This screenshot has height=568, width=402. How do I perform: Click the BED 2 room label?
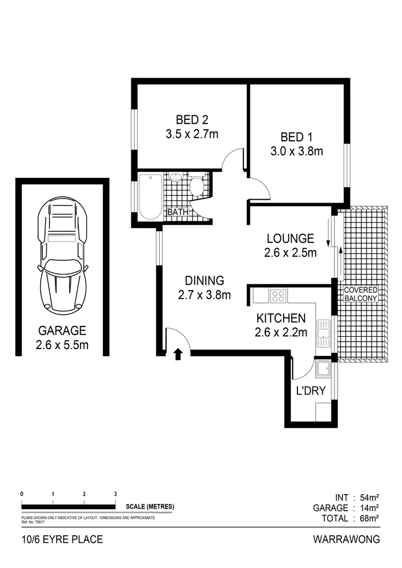click(x=191, y=119)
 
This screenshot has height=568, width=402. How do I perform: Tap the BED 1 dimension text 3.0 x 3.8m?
click(x=296, y=151)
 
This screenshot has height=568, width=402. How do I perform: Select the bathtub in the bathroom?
click(x=151, y=196)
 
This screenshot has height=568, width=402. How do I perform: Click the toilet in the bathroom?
click(x=196, y=186)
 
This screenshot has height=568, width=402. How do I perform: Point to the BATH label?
click(x=178, y=212)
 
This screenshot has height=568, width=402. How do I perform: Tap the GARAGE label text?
click(x=62, y=330)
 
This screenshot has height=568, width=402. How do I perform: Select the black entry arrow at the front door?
click(x=177, y=354)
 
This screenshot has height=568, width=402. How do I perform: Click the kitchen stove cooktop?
click(x=279, y=295)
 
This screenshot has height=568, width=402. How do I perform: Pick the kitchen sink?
click(x=324, y=330)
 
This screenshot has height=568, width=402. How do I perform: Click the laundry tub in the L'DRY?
click(x=324, y=368)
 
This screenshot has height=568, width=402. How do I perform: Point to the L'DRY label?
click(x=311, y=391)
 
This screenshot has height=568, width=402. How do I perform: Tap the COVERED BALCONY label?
click(x=361, y=293)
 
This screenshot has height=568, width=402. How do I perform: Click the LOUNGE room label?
click(x=290, y=238)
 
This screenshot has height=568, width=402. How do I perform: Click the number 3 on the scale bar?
click(x=115, y=494)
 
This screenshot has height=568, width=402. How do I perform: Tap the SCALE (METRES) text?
click(x=150, y=506)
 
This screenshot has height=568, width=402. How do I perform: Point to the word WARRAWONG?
click(x=347, y=539)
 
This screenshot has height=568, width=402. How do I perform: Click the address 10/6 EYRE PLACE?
click(x=62, y=539)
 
